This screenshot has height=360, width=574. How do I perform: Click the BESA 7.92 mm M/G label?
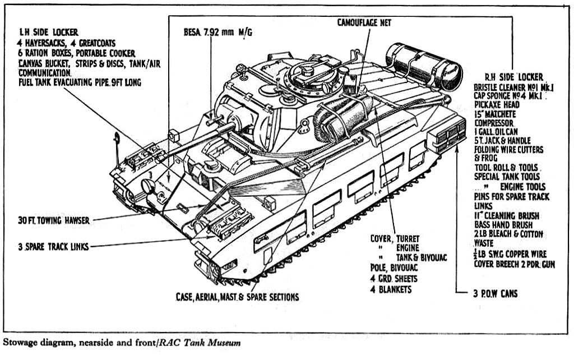pyautogui.click(x=217, y=33)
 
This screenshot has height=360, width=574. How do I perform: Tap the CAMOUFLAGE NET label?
pyautogui.click(x=364, y=22)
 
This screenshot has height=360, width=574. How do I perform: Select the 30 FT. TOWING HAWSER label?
pyautogui.click(x=54, y=220)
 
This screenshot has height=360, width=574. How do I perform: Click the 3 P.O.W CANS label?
pyautogui.click(x=493, y=293)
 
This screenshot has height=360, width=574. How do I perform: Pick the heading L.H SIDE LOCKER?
pyautogui.click(x=48, y=33)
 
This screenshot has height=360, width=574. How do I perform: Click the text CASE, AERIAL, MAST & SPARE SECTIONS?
pyautogui.click(x=237, y=297)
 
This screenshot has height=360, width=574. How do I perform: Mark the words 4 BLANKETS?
pyautogui.click(x=391, y=289)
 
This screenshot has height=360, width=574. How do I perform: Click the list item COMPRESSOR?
pyautogui.click(x=493, y=122)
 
